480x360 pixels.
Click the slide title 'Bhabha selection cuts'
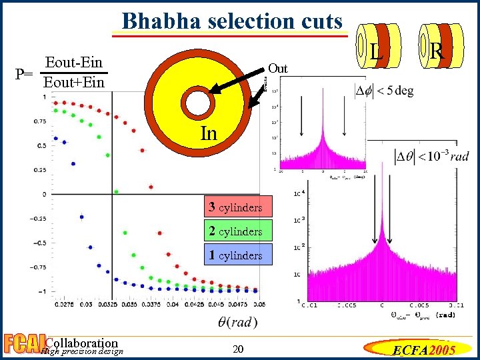coord(232,21)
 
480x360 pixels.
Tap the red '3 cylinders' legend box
coord(239,207)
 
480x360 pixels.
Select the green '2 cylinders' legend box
coord(239,231)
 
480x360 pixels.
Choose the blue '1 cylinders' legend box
coord(239,255)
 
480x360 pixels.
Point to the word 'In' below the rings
coord(209,133)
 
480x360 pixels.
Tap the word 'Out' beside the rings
coord(277,69)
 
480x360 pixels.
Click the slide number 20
coord(239,350)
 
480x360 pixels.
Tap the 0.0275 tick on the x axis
coord(63,304)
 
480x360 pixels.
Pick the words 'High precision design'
coord(81,352)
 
